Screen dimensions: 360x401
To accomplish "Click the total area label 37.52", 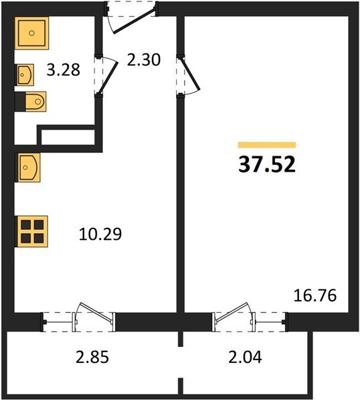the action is (267, 164).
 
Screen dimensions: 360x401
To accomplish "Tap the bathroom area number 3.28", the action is (64, 70).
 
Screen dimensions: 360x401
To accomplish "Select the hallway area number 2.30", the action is (144, 60).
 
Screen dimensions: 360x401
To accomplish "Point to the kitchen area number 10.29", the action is (100, 234).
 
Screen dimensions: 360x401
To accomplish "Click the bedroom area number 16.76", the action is (315, 295).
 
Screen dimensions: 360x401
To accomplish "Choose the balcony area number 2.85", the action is (92, 357).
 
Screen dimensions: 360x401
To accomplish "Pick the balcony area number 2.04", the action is (245, 357).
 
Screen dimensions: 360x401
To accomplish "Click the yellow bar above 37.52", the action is (267, 145).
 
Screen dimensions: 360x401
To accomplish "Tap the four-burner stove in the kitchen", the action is (32, 232).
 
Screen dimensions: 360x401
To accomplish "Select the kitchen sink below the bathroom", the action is (28, 168).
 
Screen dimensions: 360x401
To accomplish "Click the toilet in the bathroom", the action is (35, 102).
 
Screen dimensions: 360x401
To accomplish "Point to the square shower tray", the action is (31, 33).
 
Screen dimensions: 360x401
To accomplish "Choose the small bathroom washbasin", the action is (25, 75).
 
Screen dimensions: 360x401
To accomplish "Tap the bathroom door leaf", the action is (108, 78).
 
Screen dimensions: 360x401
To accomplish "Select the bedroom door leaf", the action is (190, 74).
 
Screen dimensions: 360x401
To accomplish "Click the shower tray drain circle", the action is (31, 33).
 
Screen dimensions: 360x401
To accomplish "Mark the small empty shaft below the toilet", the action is (68, 137).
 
